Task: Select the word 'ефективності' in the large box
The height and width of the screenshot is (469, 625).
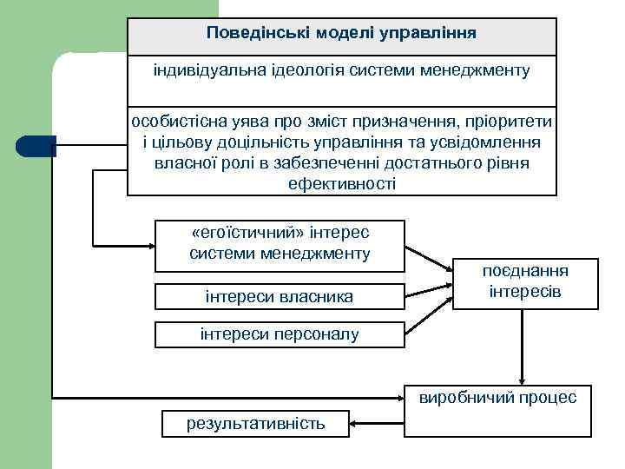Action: coord(341,183)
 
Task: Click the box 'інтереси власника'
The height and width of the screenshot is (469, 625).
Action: coord(279,296)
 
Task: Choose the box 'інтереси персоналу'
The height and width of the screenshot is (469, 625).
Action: coord(279,334)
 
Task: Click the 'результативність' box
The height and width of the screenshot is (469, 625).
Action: coord(255,423)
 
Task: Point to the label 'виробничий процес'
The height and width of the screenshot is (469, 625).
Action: coord(497,398)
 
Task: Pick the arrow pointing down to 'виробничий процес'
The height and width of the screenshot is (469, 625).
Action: coord(522,347)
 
